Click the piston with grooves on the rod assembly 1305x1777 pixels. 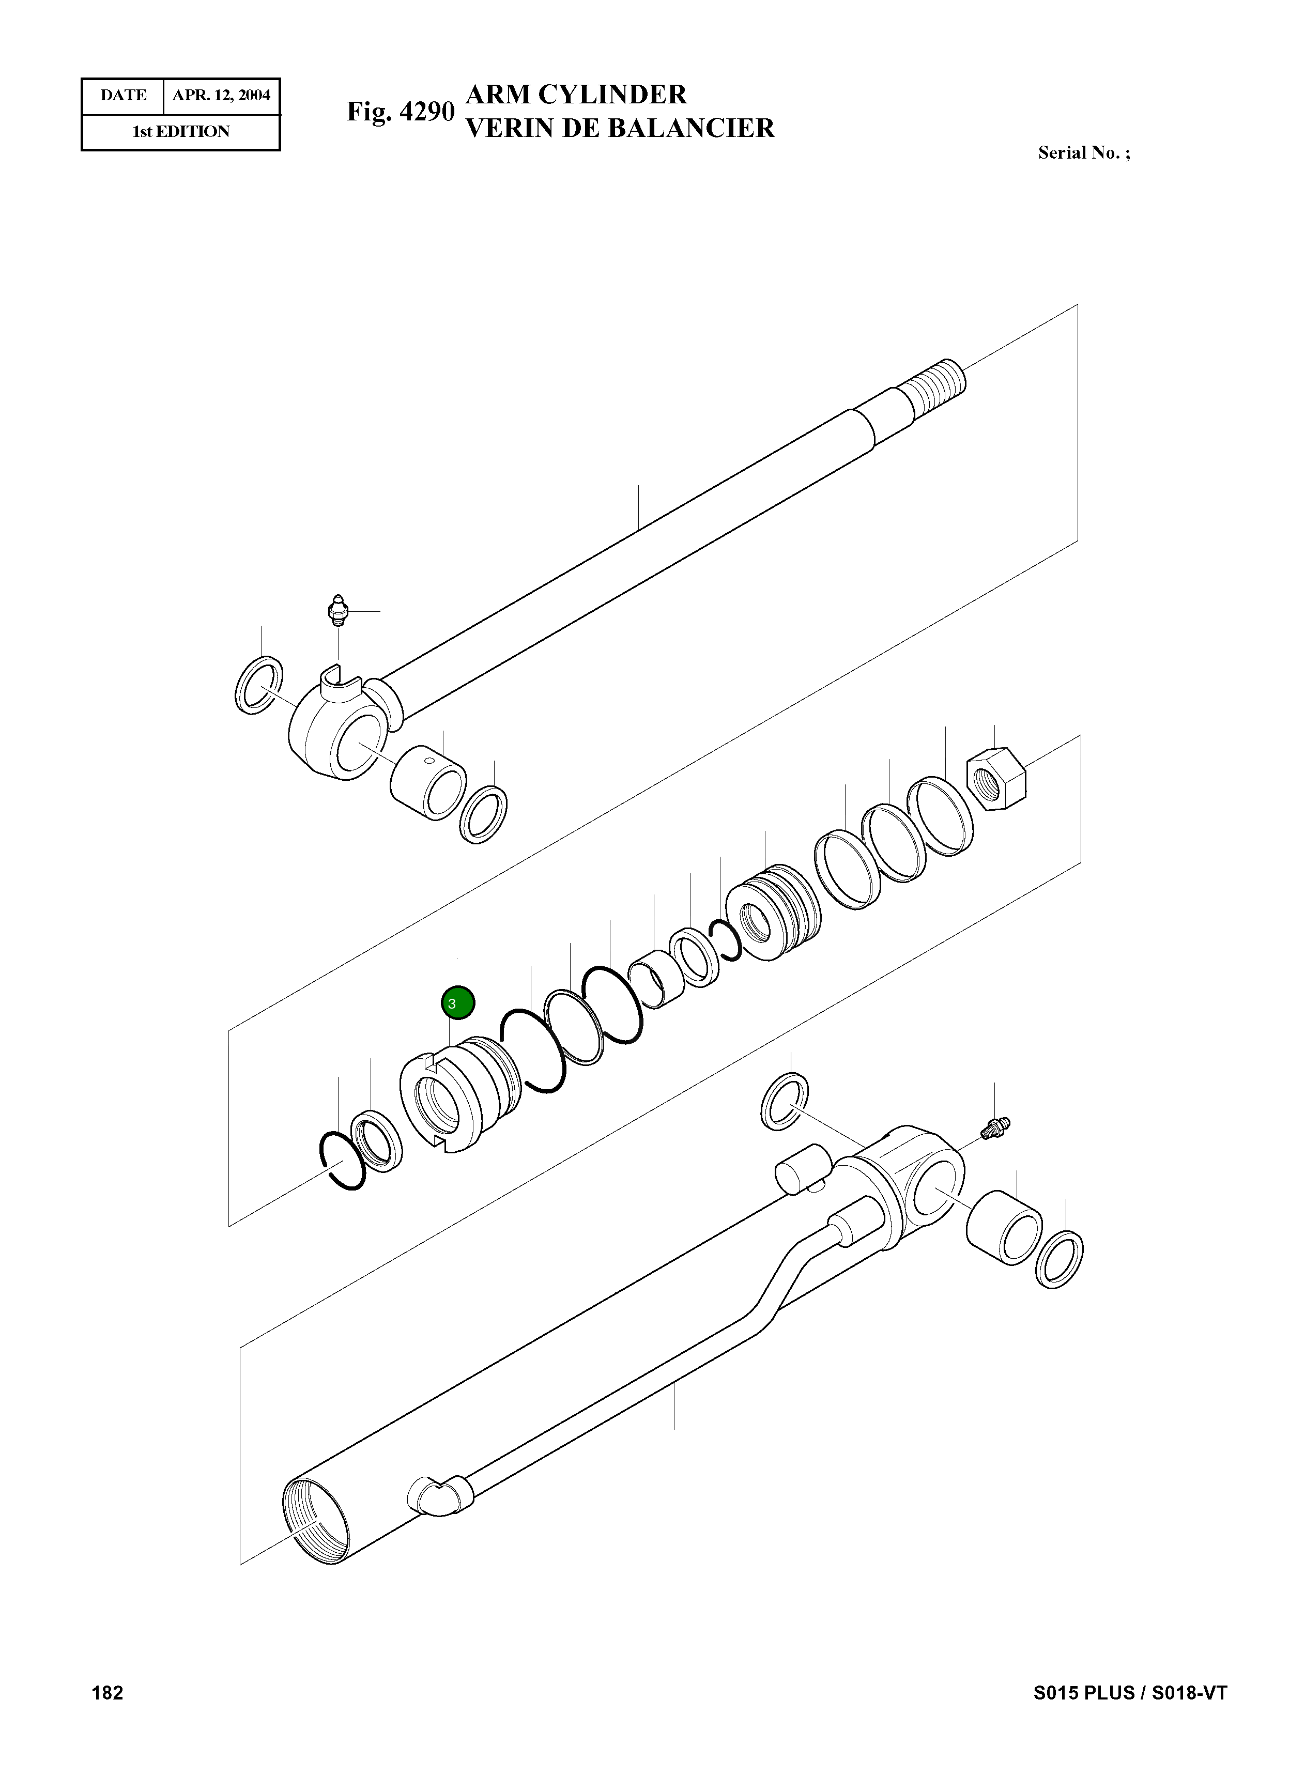tap(773, 911)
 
